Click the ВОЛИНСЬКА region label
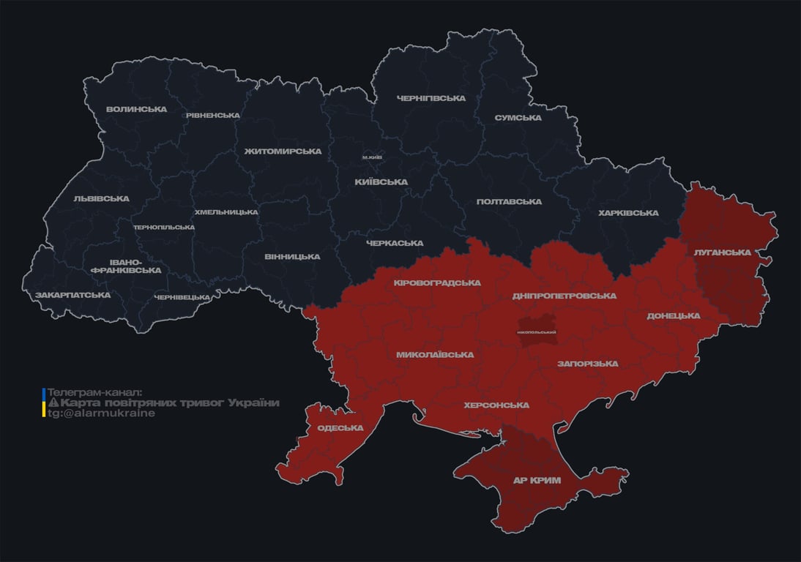[136, 110]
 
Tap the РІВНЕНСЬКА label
[212, 116]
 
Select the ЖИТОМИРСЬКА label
[283, 151]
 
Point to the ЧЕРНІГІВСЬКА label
[431, 98]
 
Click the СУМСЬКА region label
[518, 118]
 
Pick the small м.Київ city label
[372, 157]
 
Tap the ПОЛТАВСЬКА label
[509, 202]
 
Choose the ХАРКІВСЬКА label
[627, 214]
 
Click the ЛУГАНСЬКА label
[723, 252]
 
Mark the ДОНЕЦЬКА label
[673, 316]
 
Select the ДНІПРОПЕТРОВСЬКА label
[564, 296]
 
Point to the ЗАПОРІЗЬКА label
[587, 364]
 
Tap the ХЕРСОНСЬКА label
[496, 405]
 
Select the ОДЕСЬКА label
[340, 428]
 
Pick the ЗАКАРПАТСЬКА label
[72, 295]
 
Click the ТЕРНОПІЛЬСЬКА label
[164, 227]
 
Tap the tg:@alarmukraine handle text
[101, 413]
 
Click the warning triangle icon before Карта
[53, 403]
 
